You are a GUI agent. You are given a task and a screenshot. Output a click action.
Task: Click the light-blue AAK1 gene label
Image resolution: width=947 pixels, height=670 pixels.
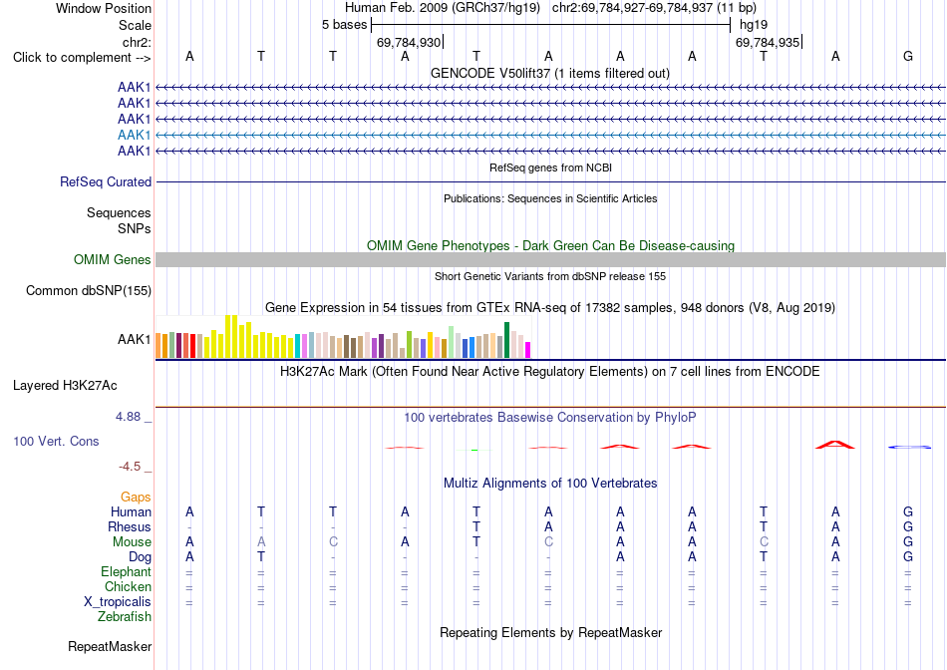[135, 135]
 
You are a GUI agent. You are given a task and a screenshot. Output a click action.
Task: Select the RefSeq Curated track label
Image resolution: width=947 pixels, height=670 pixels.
[106, 181]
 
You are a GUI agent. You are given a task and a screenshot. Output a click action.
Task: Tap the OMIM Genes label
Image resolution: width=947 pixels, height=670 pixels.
[113, 260]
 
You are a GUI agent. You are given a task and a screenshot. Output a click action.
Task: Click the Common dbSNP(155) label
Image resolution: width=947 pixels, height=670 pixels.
[89, 290]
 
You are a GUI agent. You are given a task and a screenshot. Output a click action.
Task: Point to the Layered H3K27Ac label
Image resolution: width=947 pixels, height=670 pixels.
[65, 386]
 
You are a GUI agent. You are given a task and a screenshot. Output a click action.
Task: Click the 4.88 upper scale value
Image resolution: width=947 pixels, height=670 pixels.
[128, 417]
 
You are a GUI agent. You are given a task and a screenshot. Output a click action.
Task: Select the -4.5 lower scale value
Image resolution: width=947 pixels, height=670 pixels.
[130, 467]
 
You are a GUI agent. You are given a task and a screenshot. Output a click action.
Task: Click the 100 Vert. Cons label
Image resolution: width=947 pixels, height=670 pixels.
[56, 441]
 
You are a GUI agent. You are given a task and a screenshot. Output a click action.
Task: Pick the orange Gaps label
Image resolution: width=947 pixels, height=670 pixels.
[136, 497]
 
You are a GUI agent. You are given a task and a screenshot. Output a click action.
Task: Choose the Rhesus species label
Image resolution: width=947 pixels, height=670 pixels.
[130, 526]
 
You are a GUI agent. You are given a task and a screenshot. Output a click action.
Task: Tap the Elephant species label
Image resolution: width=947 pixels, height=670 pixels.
[126, 571]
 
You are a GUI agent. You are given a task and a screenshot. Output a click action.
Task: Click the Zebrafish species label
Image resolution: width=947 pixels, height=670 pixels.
[125, 617]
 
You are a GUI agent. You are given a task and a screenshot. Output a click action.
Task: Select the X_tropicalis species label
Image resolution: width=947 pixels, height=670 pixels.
[118, 602]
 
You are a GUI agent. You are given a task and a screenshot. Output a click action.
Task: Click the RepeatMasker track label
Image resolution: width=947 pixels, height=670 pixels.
[110, 646]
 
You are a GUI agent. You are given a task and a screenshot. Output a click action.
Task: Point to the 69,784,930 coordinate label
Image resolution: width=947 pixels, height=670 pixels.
[409, 42]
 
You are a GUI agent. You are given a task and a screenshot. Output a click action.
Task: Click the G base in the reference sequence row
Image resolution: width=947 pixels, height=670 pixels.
[908, 56]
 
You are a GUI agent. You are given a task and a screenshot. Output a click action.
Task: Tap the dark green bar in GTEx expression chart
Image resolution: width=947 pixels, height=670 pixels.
[506, 340]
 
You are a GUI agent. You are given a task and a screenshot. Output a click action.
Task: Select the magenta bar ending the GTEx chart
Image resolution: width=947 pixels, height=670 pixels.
[528, 350]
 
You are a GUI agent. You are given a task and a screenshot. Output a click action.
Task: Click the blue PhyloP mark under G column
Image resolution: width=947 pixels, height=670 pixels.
[909, 447]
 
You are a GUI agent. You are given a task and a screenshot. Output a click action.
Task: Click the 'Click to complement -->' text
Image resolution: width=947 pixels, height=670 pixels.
[82, 58]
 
